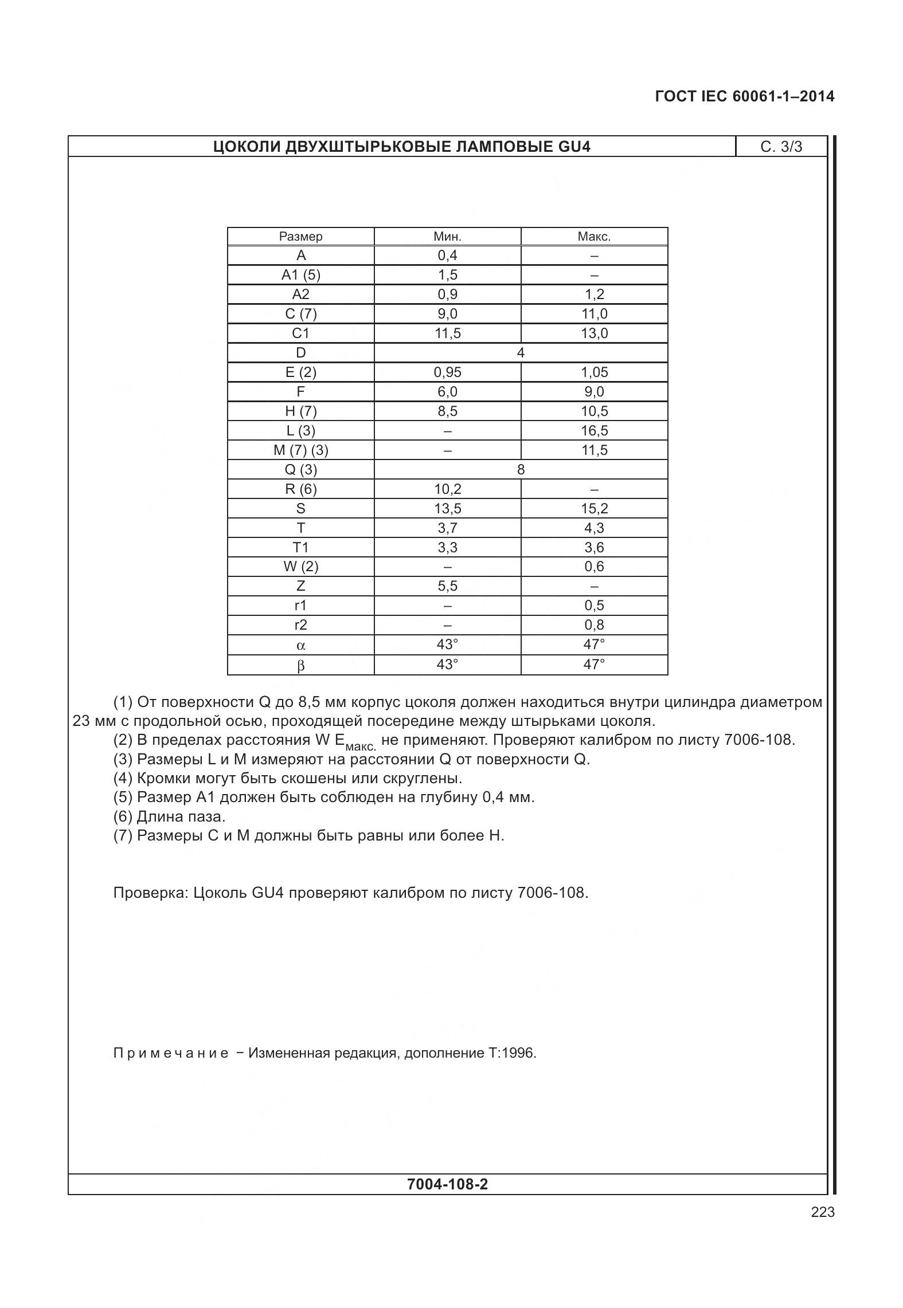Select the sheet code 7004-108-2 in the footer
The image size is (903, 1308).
[x=447, y=1184]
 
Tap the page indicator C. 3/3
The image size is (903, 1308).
[x=781, y=147]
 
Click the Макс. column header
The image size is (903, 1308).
[x=594, y=237]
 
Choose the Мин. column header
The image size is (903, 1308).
[x=447, y=237]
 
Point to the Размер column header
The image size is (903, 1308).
[x=300, y=237]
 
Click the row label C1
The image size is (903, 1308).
[x=300, y=333]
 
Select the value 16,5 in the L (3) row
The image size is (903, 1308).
[x=594, y=431]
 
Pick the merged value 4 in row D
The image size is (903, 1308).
[x=521, y=353]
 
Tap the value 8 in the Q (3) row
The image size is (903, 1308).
[x=521, y=470]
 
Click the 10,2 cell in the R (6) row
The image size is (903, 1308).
[x=447, y=489]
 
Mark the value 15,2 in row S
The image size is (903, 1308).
[x=594, y=509]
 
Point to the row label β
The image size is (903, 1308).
[x=300, y=666]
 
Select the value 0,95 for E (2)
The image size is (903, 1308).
[x=447, y=372]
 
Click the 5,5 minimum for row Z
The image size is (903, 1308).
[x=447, y=586]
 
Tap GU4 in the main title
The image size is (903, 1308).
[x=573, y=147]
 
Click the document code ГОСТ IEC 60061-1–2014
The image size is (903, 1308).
[x=744, y=96]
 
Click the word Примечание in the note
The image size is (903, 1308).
[x=171, y=1053]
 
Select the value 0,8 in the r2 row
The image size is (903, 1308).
[x=594, y=625]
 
